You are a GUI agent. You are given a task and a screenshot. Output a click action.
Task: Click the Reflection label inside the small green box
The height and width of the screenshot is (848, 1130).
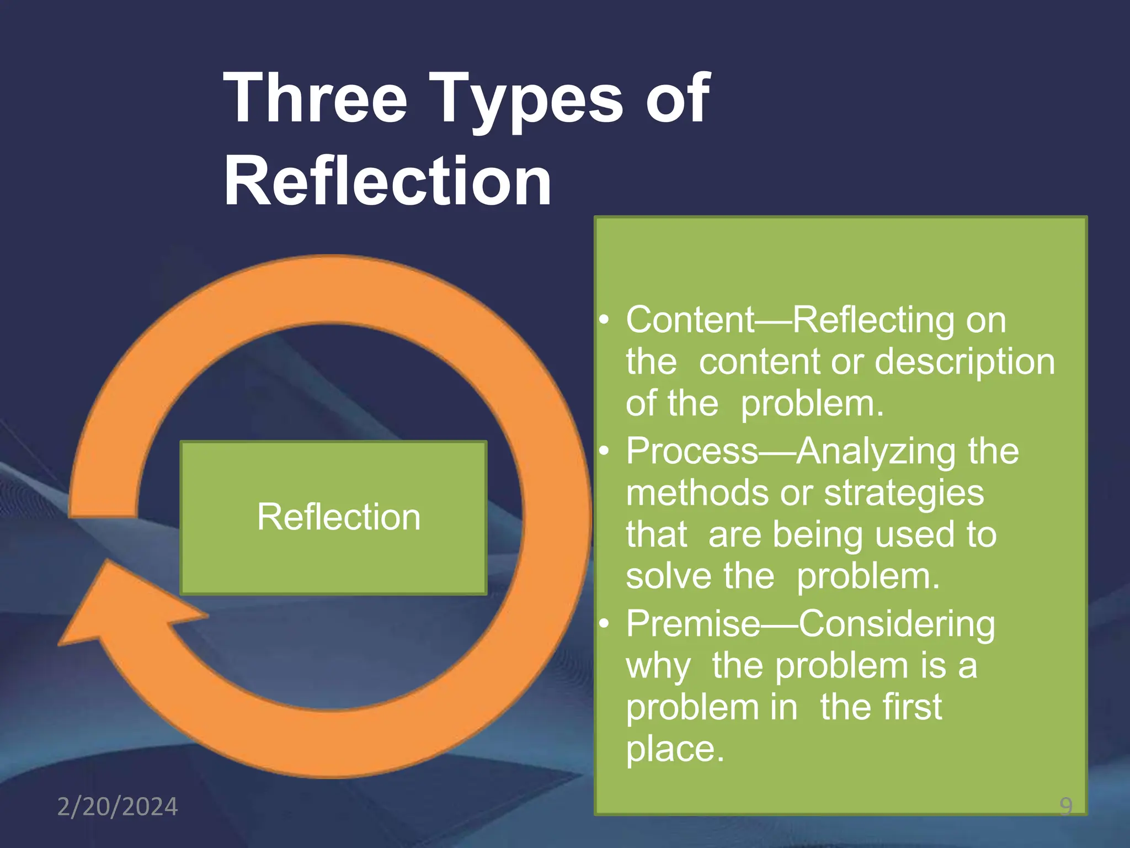339,517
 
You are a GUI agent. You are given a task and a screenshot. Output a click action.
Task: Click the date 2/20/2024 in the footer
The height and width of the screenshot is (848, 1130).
118,807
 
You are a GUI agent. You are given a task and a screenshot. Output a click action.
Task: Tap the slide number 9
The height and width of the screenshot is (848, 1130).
1066,807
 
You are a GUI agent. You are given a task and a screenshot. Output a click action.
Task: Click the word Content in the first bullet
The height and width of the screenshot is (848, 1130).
690,320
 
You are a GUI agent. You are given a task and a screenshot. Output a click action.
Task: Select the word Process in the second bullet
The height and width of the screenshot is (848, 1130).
692,451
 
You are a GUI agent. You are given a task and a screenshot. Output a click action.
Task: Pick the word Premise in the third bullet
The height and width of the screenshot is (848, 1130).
693,624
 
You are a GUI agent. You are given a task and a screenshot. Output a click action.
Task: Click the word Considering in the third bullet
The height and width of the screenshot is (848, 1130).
897,624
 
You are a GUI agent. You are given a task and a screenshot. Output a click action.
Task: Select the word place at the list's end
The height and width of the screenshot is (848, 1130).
674,749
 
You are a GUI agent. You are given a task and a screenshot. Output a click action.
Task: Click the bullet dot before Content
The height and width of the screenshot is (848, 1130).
605,320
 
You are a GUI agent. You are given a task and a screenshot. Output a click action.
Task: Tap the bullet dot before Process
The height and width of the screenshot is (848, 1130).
605,452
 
